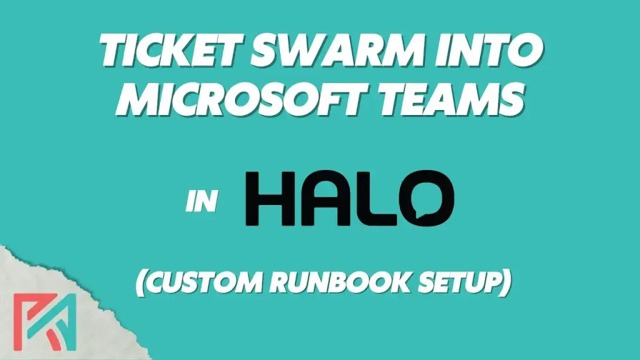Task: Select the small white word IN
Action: (201, 201)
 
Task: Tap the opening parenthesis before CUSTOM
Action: (141, 282)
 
